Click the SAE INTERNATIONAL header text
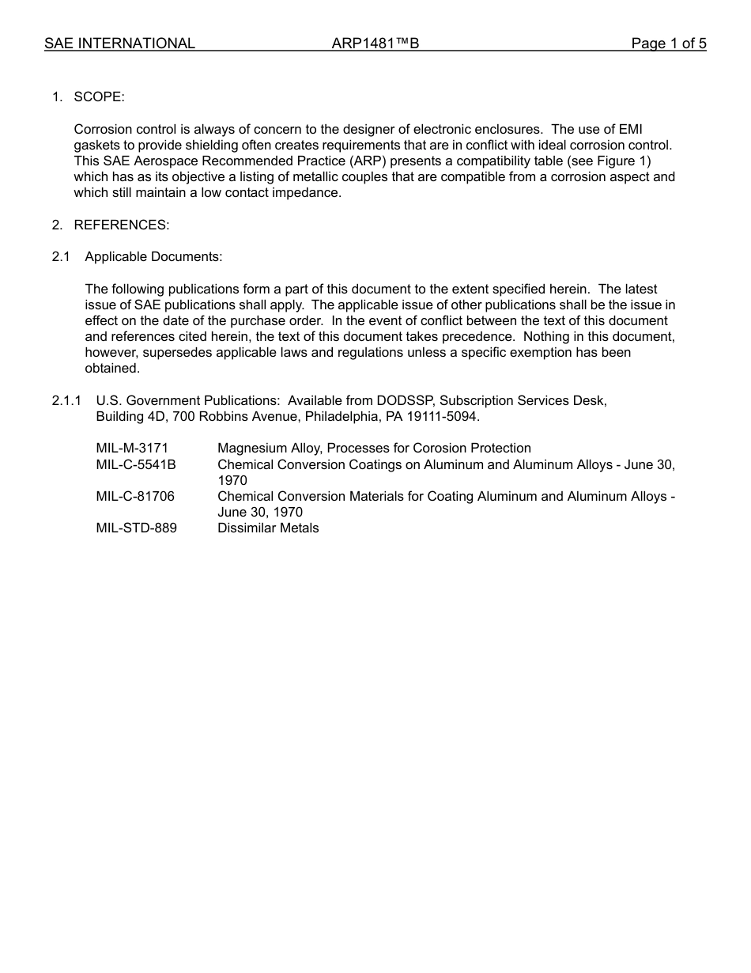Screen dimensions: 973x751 pos(119,44)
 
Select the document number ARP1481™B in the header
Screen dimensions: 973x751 pos(375,44)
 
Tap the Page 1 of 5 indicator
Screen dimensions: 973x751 pos(668,44)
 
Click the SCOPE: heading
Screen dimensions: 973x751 pos(99,97)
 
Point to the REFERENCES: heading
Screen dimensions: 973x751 pos(121,225)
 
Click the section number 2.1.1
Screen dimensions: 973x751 pos(66,400)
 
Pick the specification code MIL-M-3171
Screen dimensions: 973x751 pos(132,449)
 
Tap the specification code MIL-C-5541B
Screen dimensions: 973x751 pos(136,464)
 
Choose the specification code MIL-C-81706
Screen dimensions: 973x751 pos(135,496)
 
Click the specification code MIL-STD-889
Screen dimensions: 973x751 pos(136,528)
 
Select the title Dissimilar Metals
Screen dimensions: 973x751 pos(268,528)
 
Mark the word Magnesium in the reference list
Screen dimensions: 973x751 pos(251,449)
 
